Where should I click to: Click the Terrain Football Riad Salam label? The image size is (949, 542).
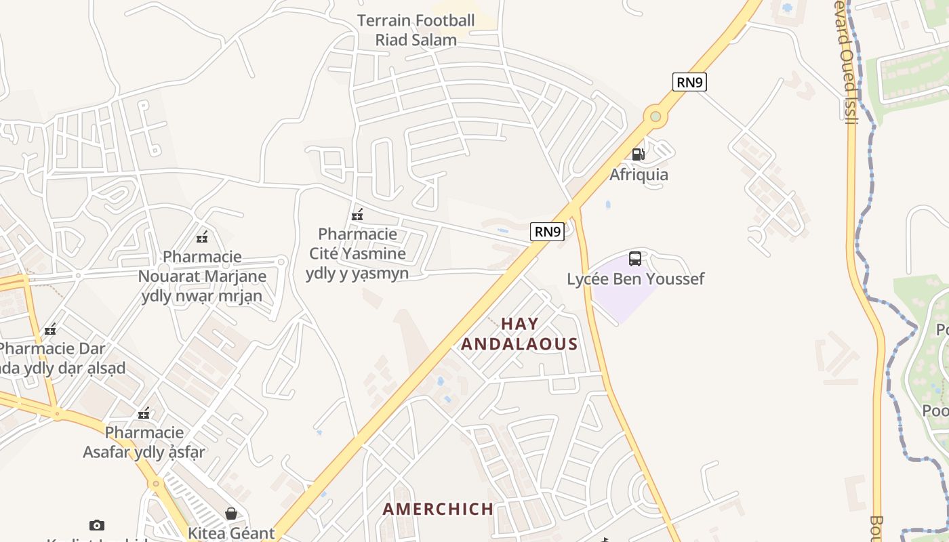[x=416, y=30]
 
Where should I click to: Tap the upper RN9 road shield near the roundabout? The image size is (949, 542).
[x=690, y=83]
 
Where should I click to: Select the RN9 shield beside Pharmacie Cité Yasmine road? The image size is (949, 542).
[x=548, y=232]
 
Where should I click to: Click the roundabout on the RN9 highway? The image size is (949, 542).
[x=655, y=117]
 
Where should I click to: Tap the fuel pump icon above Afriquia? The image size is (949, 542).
[x=638, y=154]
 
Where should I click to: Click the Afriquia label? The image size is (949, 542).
[x=639, y=175]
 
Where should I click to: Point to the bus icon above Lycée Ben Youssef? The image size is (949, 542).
[x=635, y=258]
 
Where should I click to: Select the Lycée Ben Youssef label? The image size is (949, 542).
[x=635, y=278]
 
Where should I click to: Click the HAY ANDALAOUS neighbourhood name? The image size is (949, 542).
[x=520, y=334]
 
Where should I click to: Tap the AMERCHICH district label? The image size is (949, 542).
[x=438, y=509]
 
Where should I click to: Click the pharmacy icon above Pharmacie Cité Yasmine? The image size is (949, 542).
[x=357, y=215]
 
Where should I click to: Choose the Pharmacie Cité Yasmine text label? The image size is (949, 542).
[x=358, y=253]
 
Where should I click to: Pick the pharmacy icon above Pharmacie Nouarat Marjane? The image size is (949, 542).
[x=201, y=237]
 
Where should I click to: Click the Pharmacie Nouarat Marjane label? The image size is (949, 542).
[x=202, y=276]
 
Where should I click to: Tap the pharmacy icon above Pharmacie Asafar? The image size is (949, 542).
[x=144, y=413]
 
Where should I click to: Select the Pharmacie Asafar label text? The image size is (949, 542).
[x=144, y=442]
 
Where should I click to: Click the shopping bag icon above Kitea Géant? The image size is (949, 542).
[x=231, y=514]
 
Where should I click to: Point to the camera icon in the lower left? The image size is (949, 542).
[x=97, y=525]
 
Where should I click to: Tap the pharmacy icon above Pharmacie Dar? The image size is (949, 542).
[x=50, y=330]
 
